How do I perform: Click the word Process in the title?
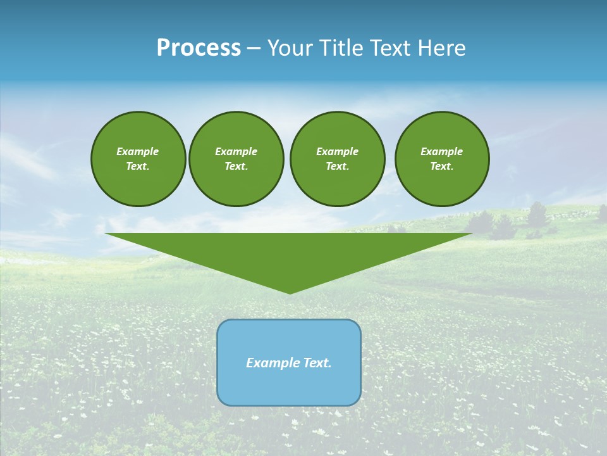199,48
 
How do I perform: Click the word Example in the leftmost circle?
138,151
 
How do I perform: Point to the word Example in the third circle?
337,151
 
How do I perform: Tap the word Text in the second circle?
235,166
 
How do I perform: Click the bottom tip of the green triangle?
290,292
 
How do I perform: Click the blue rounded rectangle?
289,386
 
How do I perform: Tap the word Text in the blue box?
316,363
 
